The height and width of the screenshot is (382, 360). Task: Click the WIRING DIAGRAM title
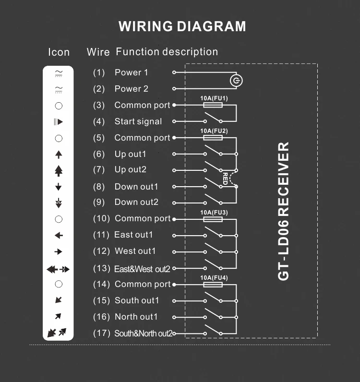pyautogui.click(x=182, y=26)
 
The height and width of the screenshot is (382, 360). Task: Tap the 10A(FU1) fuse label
pyautogui.click(x=214, y=98)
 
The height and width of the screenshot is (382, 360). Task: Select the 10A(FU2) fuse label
pyautogui.click(x=214, y=131)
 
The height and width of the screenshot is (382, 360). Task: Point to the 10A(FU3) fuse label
pyautogui.click(x=214, y=212)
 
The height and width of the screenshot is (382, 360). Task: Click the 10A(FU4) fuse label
pyautogui.click(x=214, y=278)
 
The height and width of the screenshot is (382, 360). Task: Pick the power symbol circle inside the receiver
pyautogui.click(x=235, y=81)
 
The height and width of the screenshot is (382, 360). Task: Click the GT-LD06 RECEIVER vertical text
pyautogui.click(x=284, y=211)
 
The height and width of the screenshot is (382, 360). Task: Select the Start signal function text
pyautogui.click(x=138, y=121)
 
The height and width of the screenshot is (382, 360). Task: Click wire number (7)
pyautogui.click(x=98, y=170)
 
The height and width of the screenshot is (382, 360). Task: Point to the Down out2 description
pyautogui.click(x=136, y=202)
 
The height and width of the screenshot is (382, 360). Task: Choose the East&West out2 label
pyautogui.click(x=142, y=269)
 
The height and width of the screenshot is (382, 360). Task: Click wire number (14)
pyautogui.click(x=101, y=284)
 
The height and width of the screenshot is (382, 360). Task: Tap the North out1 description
pyautogui.click(x=136, y=317)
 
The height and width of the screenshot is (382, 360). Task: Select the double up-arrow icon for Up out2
pyautogui.click(x=59, y=170)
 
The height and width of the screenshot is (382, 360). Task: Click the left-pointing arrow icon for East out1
pyautogui.click(x=59, y=235)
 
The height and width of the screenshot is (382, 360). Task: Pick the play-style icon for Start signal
pyautogui.click(x=59, y=122)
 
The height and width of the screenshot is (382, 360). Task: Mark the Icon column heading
pyautogui.click(x=59, y=52)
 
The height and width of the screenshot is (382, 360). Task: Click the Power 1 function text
pyautogui.click(x=132, y=72)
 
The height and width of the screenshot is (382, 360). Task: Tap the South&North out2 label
pyautogui.click(x=143, y=333)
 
